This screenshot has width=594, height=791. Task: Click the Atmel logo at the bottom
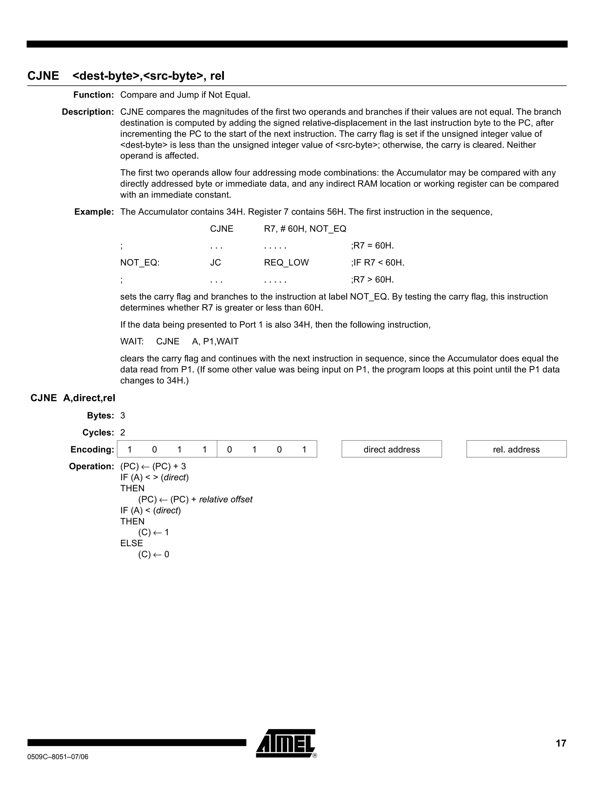coord(286,743)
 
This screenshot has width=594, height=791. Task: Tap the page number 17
coord(561,743)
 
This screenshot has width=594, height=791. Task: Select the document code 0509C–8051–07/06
coord(57,757)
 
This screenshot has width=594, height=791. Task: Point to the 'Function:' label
coord(93,95)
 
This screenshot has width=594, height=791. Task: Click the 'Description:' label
coord(88,112)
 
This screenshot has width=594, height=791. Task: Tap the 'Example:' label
coord(94,212)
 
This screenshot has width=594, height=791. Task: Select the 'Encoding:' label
coord(92,449)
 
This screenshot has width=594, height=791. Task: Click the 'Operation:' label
coord(91,466)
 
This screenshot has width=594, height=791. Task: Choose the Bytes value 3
coord(123,416)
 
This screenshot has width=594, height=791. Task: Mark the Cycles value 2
coord(123,432)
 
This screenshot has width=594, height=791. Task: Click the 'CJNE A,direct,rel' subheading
coord(73,398)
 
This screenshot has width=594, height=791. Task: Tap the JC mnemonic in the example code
coord(215,263)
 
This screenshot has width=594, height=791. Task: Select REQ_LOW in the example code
coord(286,263)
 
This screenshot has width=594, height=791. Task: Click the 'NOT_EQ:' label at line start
coord(140,263)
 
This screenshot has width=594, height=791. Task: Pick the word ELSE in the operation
coord(131,543)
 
